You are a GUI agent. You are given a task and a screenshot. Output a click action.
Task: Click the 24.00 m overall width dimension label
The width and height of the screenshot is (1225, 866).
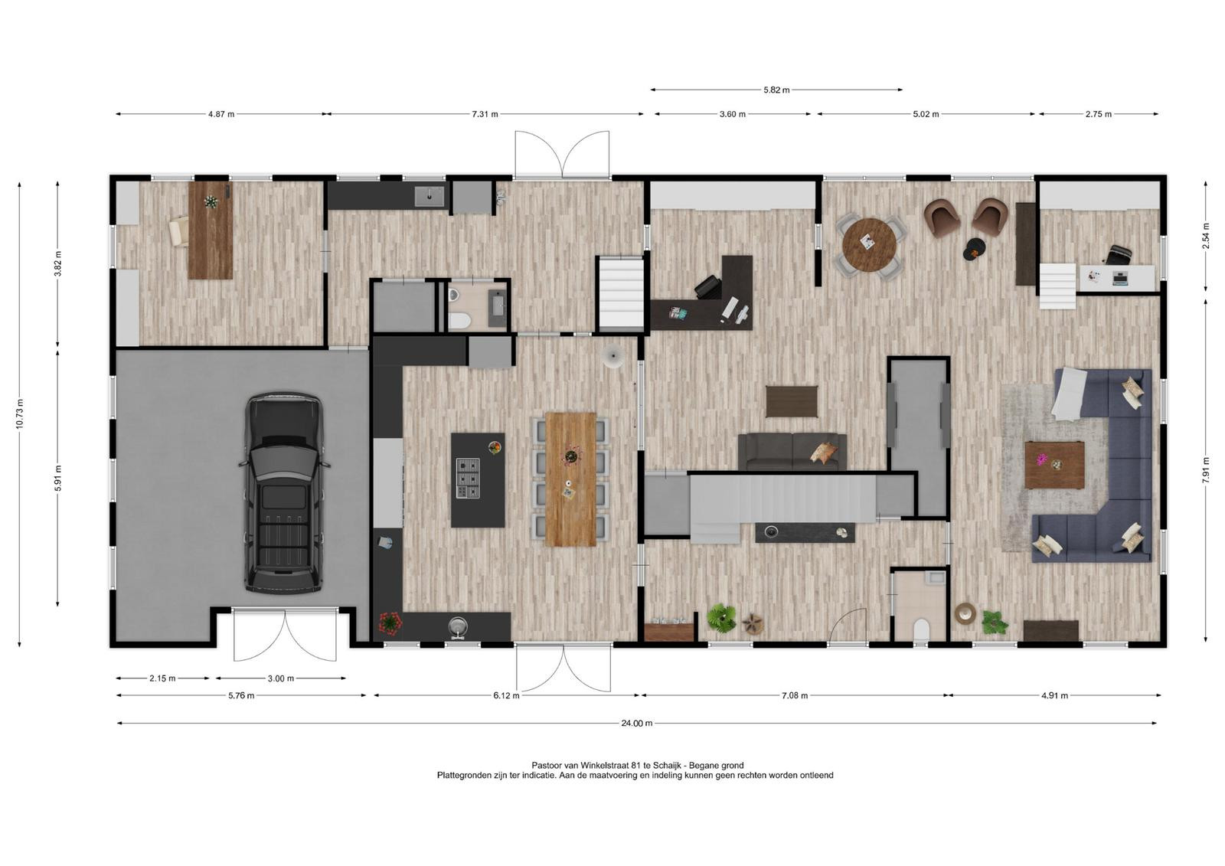point(636,724)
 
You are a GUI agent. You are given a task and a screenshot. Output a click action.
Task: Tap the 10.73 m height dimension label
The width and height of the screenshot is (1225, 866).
point(20,413)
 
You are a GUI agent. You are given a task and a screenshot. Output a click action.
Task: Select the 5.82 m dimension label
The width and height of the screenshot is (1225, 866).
point(776,90)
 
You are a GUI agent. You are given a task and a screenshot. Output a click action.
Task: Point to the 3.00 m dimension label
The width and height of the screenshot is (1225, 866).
point(280,678)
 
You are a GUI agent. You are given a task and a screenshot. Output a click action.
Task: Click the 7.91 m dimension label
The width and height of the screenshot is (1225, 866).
point(1206,469)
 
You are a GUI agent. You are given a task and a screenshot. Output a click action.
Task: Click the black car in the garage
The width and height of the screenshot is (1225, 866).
point(283,493)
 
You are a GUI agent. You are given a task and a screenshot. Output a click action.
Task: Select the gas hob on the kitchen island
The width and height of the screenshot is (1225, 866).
point(468,478)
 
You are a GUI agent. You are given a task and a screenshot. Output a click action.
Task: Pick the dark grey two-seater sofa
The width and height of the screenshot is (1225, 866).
point(792,452)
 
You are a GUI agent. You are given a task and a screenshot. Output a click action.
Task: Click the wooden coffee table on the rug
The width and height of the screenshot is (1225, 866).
point(1054,465)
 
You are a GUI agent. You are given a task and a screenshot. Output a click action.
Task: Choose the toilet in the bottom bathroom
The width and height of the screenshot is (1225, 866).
point(922,629)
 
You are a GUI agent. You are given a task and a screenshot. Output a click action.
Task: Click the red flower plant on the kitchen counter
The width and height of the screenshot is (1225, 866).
point(390,623)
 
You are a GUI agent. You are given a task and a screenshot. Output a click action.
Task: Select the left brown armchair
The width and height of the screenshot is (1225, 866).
point(942,217)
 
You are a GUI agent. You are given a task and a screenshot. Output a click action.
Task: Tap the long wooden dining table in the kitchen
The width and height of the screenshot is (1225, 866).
point(570,479)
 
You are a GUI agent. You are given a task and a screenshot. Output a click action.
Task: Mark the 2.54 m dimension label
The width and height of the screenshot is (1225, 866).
point(1206,236)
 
